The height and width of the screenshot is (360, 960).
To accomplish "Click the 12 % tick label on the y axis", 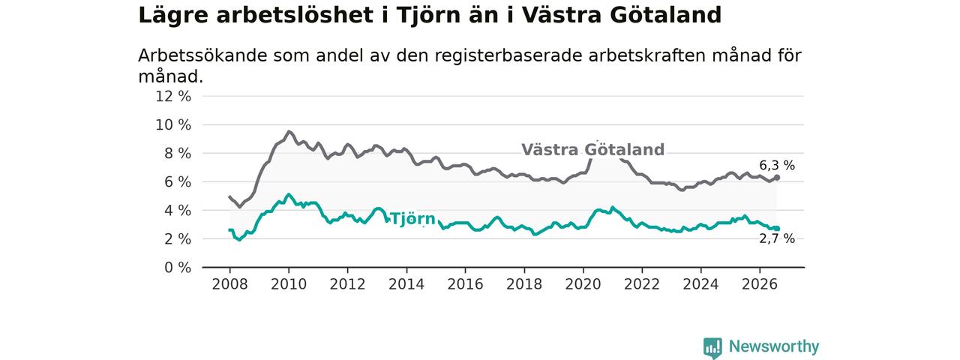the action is click(173, 97).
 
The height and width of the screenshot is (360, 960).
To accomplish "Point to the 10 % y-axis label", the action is click(173, 125).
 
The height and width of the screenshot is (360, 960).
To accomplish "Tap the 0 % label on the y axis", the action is click(178, 268).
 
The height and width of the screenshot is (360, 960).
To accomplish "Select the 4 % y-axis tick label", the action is click(178, 211).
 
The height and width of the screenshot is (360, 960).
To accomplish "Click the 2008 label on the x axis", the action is click(229, 284).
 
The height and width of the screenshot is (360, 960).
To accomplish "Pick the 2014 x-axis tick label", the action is click(406, 284).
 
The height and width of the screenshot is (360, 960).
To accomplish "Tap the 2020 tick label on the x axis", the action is click(583, 284).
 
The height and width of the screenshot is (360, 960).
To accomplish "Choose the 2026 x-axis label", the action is click(760, 284).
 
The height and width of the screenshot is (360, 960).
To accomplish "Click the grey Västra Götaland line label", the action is click(592, 149).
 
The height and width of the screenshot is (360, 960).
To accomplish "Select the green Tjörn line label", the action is click(413, 219).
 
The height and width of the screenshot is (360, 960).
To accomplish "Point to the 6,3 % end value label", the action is click(777, 166).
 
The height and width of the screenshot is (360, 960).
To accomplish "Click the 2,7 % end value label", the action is click(777, 238).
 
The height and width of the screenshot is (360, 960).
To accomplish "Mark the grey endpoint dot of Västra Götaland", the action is click(777, 178).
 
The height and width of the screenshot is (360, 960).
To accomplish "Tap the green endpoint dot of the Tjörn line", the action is click(777, 229).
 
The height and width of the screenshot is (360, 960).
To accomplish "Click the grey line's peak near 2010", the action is click(289, 132).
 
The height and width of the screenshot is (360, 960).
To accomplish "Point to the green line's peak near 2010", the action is click(289, 194).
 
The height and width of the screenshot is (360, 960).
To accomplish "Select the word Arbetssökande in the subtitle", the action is click(202, 55).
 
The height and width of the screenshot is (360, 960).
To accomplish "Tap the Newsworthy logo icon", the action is click(712, 347).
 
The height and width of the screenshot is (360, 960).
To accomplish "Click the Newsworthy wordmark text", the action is click(774, 346).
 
